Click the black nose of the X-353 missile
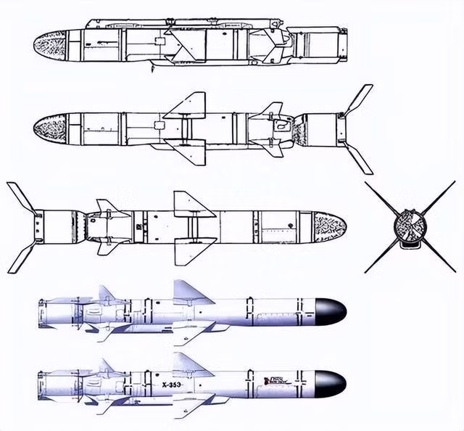click(x=330, y=379)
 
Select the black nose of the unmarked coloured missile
click(x=330, y=311)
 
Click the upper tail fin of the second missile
click(x=358, y=99)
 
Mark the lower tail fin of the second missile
click(x=359, y=160)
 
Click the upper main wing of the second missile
click(x=188, y=105)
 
